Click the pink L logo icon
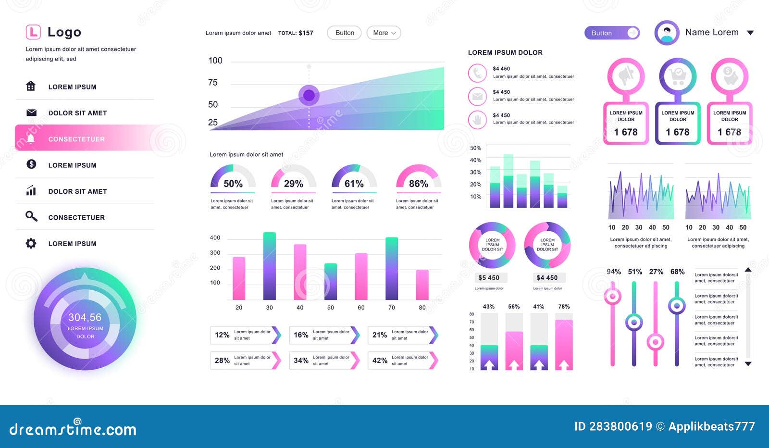click(33, 32)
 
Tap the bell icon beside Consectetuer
click(31, 139)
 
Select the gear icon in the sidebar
click(31, 243)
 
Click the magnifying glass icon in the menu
click(31, 217)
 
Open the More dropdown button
click(384, 33)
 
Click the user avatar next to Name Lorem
click(667, 33)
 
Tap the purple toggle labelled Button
click(612, 33)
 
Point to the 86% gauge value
click(418, 184)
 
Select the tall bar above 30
click(270, 266)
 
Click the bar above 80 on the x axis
click(422, 285)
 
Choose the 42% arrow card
click(403, 361)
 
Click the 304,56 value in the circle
click(85, 317)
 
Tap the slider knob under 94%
click(612, 296)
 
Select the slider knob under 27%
click(656, 342)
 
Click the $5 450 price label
click(489, 278)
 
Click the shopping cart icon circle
click(678, 76)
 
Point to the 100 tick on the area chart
click(215, 61)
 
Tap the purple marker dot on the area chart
click(309, 95)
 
